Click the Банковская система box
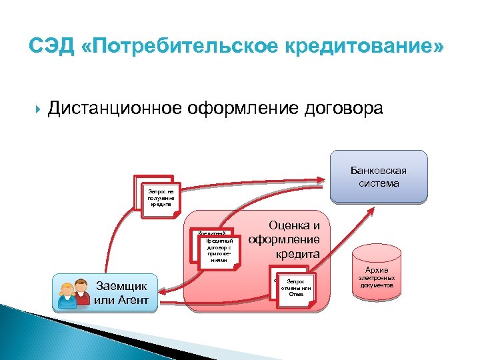click(x=378, y=176)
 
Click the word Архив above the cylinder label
click(x=377, y=270)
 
